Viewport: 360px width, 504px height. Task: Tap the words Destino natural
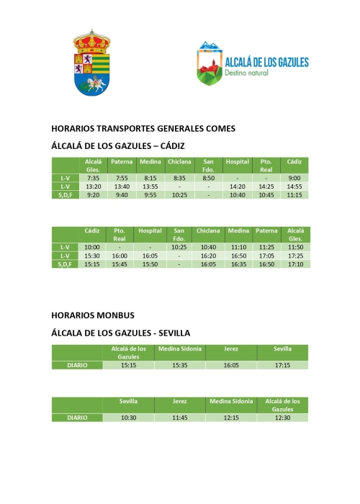246,73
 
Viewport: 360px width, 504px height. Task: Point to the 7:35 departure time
92,177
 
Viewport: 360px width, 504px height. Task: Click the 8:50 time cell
209,177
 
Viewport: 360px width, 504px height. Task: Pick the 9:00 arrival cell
293,177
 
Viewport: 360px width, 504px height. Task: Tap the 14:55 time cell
293,186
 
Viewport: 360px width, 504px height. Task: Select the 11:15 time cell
293,194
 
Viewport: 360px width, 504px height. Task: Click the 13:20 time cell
92,186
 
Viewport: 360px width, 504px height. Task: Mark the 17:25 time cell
294,256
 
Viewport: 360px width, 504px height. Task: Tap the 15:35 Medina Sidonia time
179,365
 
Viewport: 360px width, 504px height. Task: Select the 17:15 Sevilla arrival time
282,365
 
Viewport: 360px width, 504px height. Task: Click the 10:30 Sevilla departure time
128,418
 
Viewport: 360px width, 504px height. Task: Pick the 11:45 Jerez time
179,418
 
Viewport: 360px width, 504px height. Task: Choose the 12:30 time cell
282,418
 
